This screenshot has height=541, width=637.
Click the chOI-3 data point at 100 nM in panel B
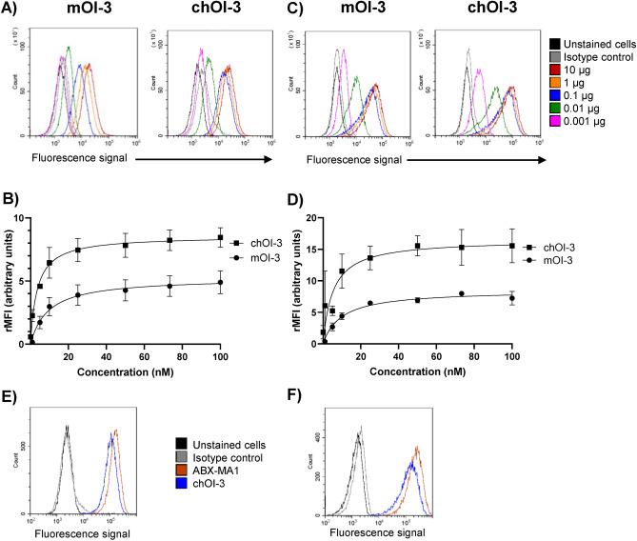point(221,238)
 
